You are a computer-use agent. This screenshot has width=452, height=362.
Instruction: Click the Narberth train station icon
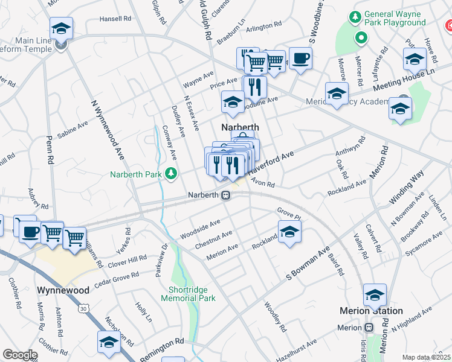pos(225,195)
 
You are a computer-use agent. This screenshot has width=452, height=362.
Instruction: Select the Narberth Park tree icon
pos(172,174)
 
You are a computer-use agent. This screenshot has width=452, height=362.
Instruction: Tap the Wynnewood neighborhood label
pos(63,290)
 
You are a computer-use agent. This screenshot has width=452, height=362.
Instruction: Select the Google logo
pos(21,355)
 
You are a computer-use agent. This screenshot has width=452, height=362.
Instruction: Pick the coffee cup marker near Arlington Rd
pos(300,59)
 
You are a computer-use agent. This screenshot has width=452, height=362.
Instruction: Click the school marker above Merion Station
pos(375,296)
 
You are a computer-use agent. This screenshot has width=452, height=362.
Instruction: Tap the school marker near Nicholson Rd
pos(109,342)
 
